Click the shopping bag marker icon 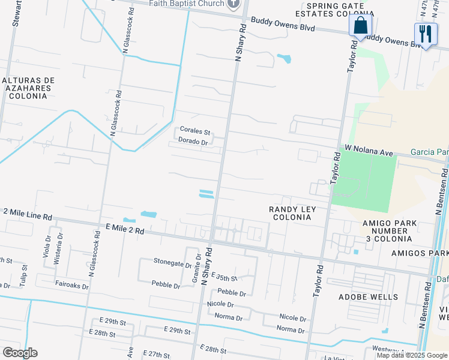(x=361, y=26)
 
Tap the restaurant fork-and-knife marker (x=426, y=35)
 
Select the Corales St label (x=195, y=131)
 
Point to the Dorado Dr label (x=193, y=142)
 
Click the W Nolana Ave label (x=369, y=150)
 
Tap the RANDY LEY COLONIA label (x=291, y=212)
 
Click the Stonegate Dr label (x=172, y=262)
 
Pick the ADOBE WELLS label (x=376, y=297)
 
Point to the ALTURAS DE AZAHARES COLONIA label (x=28, y=88)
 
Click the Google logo (x=20, y=353)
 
